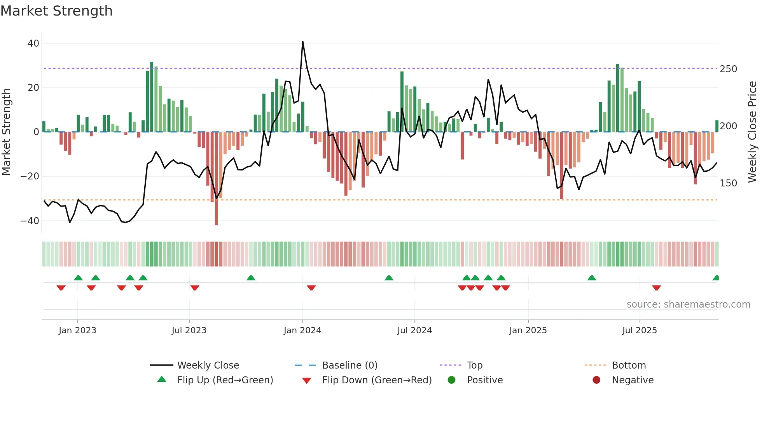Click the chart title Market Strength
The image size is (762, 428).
tap(56, 11)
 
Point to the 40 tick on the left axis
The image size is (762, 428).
tap(33, 43)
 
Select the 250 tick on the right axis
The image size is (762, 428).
tap(728, 69)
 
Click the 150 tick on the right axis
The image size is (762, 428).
tap(728, 183)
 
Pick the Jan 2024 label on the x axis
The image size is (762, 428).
tap(302, 331)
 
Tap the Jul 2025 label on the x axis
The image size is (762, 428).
tap(640, 331)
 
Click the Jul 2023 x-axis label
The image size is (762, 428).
tap(189, 331)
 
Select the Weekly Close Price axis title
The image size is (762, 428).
tap(752, 132)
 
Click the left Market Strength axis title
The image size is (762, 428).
tap(7, 132)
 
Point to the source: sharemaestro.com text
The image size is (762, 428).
tap(688, 304)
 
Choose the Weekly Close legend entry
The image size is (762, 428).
tap(208, 365)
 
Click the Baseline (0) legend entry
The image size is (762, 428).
tap(350, 365)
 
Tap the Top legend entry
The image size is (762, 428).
tap(474, 365)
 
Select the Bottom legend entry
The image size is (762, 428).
tap(629, 365)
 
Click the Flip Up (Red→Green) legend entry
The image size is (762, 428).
tap(225, 380)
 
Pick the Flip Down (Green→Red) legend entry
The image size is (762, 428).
tap(376, 380)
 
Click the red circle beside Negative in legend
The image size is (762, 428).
tap(596, 380)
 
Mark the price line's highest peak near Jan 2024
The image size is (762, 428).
tap(303, 42)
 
